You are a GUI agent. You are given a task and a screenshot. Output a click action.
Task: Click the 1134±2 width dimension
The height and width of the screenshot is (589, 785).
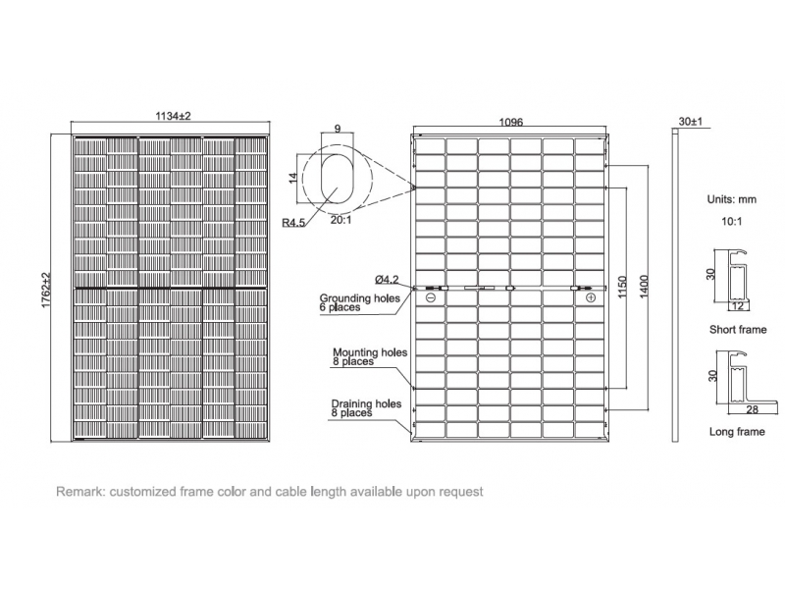[x=172, y=116]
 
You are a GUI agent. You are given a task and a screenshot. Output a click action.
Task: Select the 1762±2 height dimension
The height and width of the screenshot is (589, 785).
[x=46, y=291]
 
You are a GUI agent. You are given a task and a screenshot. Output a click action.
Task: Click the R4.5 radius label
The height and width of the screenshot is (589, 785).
[x=293, y=224]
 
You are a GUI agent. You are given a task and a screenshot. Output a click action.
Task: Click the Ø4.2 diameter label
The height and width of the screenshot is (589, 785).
[x=386, y=279]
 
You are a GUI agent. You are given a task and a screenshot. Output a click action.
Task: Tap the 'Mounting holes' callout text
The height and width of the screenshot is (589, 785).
[x=370, y=351]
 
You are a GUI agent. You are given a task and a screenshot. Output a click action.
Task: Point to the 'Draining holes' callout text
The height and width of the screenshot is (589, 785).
[x=366, y=403]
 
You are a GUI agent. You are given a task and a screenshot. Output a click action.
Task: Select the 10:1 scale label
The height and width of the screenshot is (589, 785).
[x=731, y=223]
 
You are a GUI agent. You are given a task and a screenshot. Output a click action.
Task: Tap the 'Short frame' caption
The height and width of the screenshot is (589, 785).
[x=737, y=330]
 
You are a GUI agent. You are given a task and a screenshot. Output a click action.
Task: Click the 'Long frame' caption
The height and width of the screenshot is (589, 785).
[x=736, y=432]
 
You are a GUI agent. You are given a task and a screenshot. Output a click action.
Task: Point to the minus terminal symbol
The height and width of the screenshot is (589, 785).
[x=430, y=296]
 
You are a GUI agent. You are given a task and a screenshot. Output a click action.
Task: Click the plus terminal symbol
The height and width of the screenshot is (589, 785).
[x=590, y=296]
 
